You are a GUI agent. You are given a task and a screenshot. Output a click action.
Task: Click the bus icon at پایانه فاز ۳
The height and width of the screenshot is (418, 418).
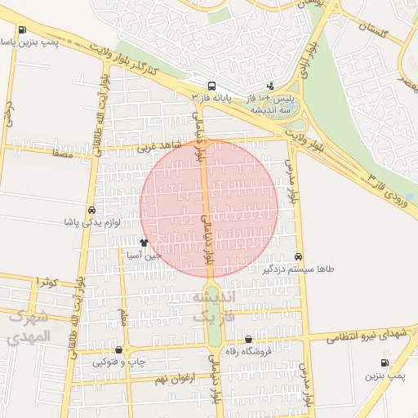pyautogui.click(x=212, y=86)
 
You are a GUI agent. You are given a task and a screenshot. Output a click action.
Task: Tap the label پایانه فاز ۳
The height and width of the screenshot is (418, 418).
pyautogui.click(x=212, y=98)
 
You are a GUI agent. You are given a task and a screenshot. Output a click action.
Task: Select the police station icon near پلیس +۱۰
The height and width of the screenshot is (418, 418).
pyautogui.click(x=271, y=87)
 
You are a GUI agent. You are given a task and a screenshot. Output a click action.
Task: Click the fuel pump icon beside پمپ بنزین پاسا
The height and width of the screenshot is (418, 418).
pyautogui.click(x=21, y=30)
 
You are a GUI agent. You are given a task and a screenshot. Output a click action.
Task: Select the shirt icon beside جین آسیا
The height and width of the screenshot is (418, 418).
pyautogui.click(x=144, y=242)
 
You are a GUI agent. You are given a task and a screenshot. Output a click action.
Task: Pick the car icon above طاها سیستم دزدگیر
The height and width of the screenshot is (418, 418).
pyautogui.click(x=299, y=256)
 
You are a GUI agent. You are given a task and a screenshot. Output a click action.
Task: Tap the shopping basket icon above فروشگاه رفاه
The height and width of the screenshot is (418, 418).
pyautogui.click(x=248, y=340)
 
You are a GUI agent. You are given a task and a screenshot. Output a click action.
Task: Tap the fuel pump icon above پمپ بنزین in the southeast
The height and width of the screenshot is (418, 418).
pyautogui.click(x=385, y=363)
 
